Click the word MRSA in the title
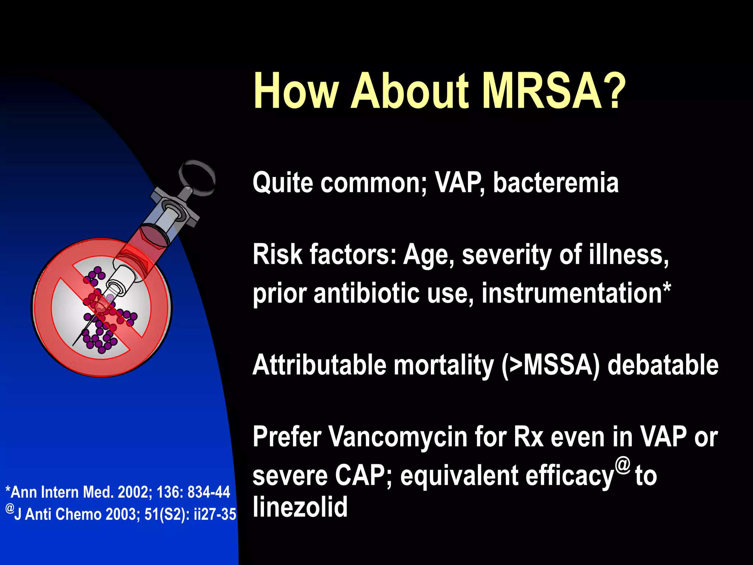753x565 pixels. [x=542, y=91]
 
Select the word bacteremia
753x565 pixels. [x=556, y=183]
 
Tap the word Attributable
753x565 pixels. [x=319, y=365]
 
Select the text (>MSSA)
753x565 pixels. [x=550, y=365]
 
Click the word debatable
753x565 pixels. [x=663, y=365]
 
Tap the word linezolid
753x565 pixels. [x=300, y=507]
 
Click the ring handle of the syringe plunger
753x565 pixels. [x=197, y=177]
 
